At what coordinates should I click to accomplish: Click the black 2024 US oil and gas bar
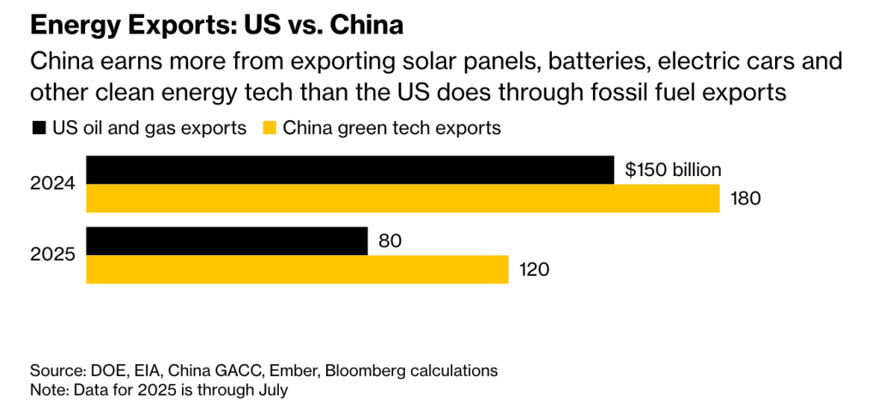point(350,170)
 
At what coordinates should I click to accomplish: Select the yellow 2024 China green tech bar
point(403,198)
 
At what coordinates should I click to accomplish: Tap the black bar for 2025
point(227,241)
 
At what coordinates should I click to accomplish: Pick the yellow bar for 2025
point(297,270)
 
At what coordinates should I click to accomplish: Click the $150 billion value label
point(673,170)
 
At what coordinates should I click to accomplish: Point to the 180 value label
point(746,198)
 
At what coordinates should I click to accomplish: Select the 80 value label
point(390,241)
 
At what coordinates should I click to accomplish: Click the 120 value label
point(534,270)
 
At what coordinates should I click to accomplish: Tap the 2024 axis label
point(53,184)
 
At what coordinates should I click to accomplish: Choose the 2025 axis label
point(53,255)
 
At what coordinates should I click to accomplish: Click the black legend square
point(39,129)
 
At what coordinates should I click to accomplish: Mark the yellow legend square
point(269,129)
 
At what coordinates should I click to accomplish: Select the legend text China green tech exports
point(392,129)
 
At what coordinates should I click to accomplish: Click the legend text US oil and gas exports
point(150,129)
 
